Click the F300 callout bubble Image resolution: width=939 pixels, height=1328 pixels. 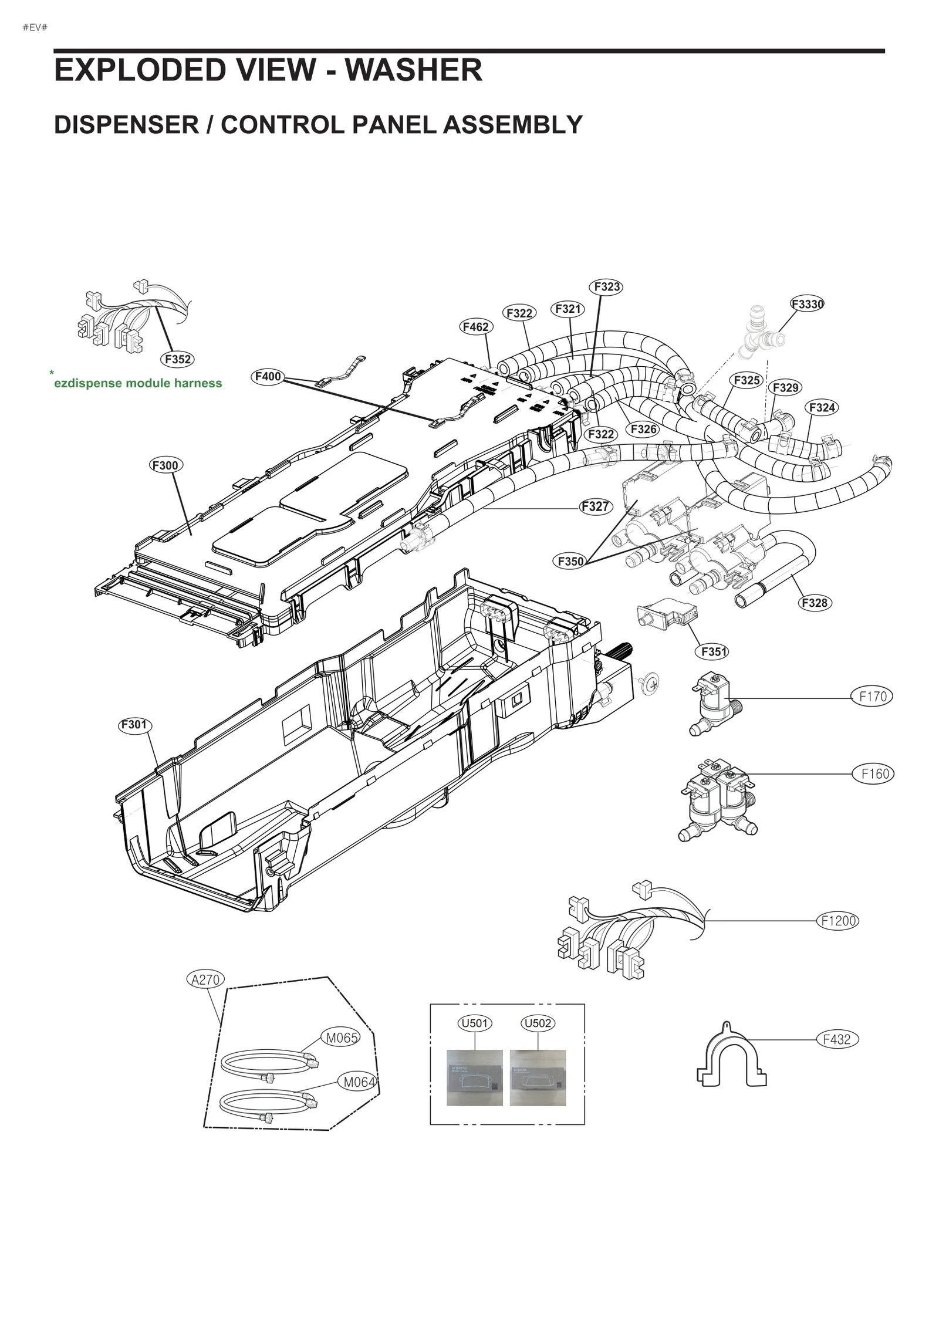tap(165, 465)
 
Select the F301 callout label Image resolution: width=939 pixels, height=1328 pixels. tap(134, 725)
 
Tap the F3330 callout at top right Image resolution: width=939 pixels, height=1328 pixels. tap(807, 304)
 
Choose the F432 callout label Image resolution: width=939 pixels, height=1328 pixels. tap(837, 1039)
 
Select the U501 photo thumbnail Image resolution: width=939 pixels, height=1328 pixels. tap(474, 1077)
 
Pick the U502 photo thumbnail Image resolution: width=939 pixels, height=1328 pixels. tap(538, 1077)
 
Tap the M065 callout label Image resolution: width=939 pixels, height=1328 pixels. tap(342, 1038)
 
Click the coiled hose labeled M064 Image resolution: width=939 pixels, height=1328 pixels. tap(267, 1103)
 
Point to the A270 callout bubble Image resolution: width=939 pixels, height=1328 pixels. tap(205, 979)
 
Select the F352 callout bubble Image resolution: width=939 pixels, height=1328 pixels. tap(178, 359)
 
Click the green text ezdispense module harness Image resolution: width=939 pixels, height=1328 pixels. tap(138, 383)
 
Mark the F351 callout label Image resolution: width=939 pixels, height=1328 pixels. tap(714, 651)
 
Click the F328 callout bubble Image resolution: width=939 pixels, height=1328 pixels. tap(815, 603)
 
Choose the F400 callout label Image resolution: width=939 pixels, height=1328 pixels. tap(268, 376)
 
